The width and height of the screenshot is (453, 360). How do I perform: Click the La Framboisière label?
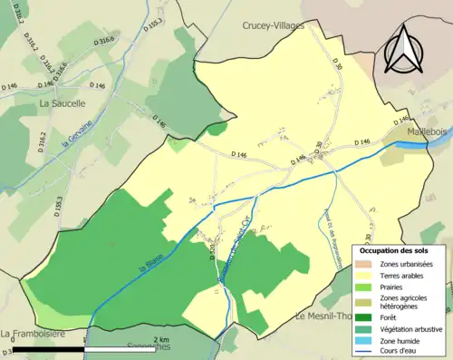pyautogui.click(x=33, y=334)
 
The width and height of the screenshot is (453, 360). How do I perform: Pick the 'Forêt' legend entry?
pyautogui.click(x=391, y=317)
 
